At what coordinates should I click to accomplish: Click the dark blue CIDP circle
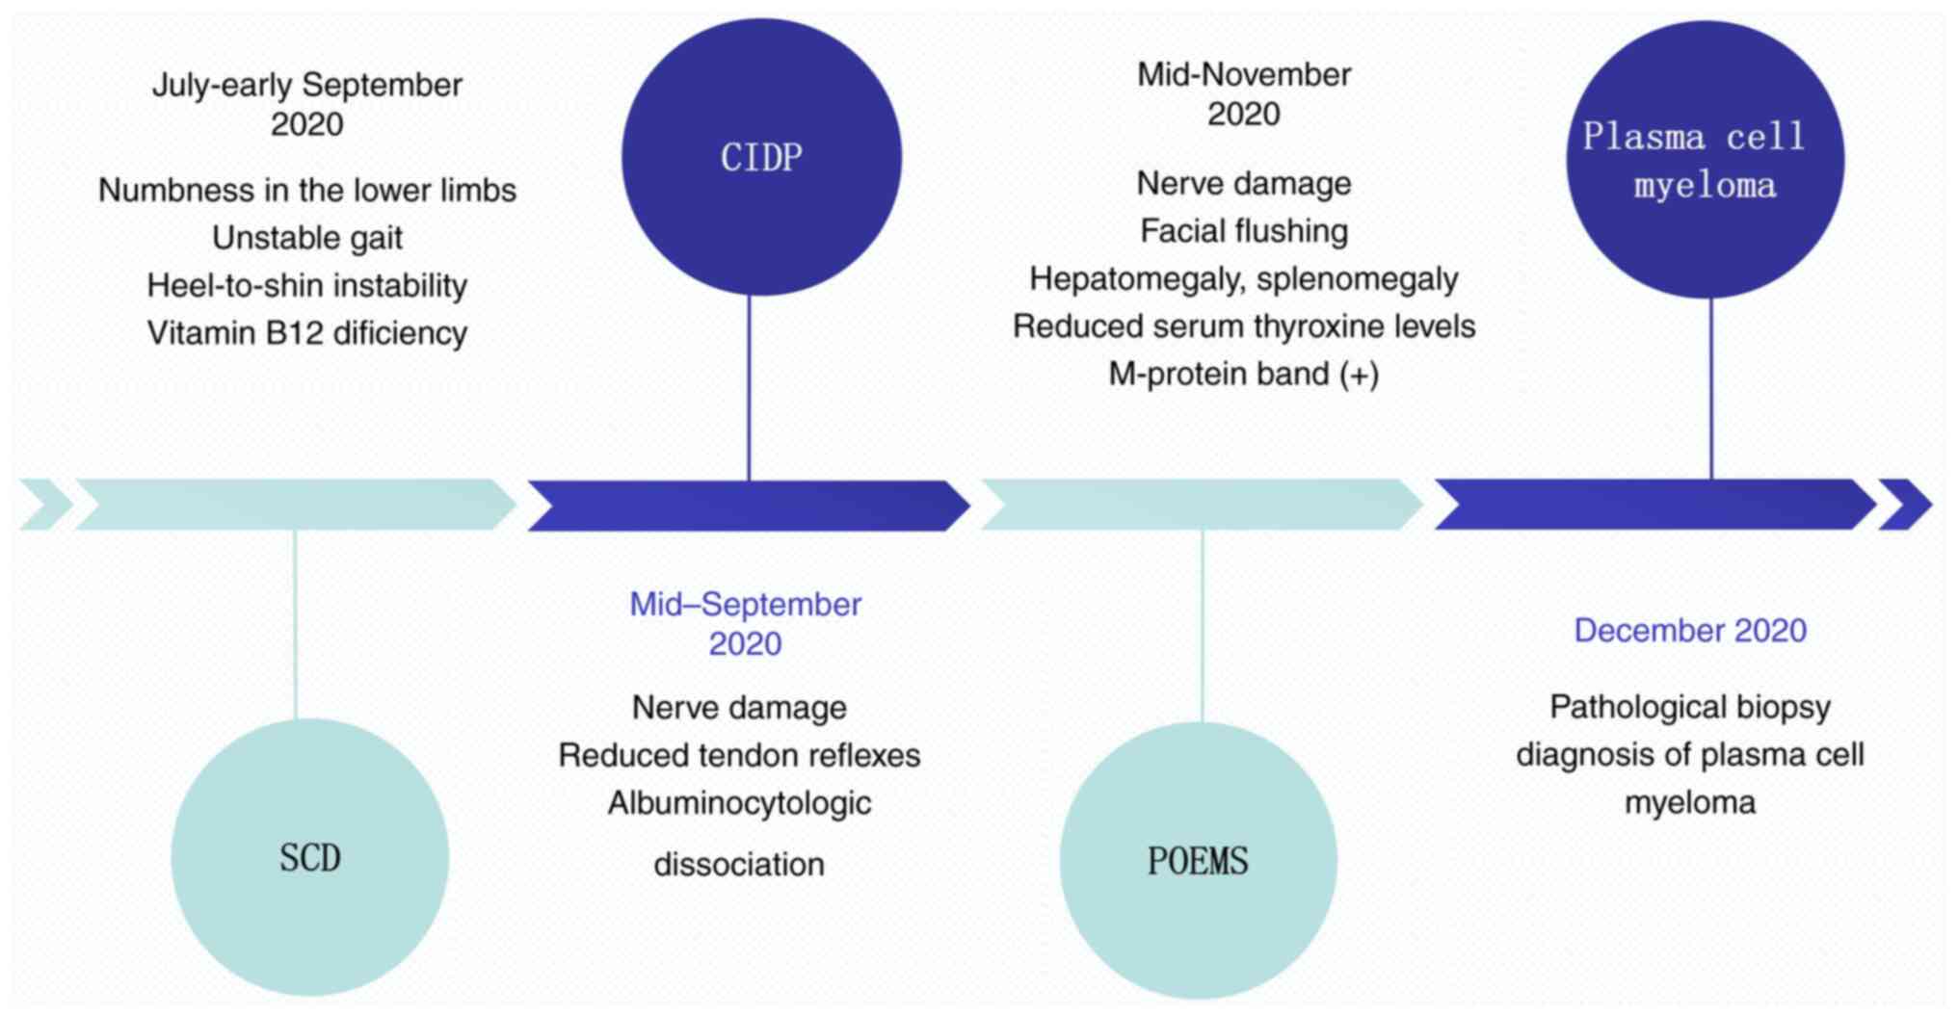tap(761, 157)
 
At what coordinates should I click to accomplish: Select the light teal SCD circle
tap(310, 857)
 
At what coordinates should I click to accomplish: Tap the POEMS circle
tap(1198, 860)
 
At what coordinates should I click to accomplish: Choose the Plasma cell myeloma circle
tap(1705, 159)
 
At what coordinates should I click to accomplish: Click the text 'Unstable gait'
tap(307, 238)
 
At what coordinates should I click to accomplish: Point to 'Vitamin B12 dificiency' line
tap(307, 333)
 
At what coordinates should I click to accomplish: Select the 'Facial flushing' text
tap(1244, 231)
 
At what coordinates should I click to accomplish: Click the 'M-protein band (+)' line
tap(1244, 374)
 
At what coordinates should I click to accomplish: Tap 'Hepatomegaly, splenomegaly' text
tap(1244, 279)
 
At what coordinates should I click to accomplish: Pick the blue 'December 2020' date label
tap(1690, 631)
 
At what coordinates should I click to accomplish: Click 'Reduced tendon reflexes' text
tap(739, 756)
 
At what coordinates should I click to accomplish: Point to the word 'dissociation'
tap(739, 865)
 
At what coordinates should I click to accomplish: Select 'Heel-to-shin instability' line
tap(307, 286)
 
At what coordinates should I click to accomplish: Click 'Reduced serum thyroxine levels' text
tap(1244, 326)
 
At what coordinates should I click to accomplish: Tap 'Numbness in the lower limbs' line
tap(307, 191)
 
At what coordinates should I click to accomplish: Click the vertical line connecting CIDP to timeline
tap(749, 385)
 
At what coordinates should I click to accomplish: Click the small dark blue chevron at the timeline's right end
tap(1906, 505)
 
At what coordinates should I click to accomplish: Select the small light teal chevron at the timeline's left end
tap(44, 505)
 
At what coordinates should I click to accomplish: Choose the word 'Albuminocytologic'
tap(739, 803)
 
